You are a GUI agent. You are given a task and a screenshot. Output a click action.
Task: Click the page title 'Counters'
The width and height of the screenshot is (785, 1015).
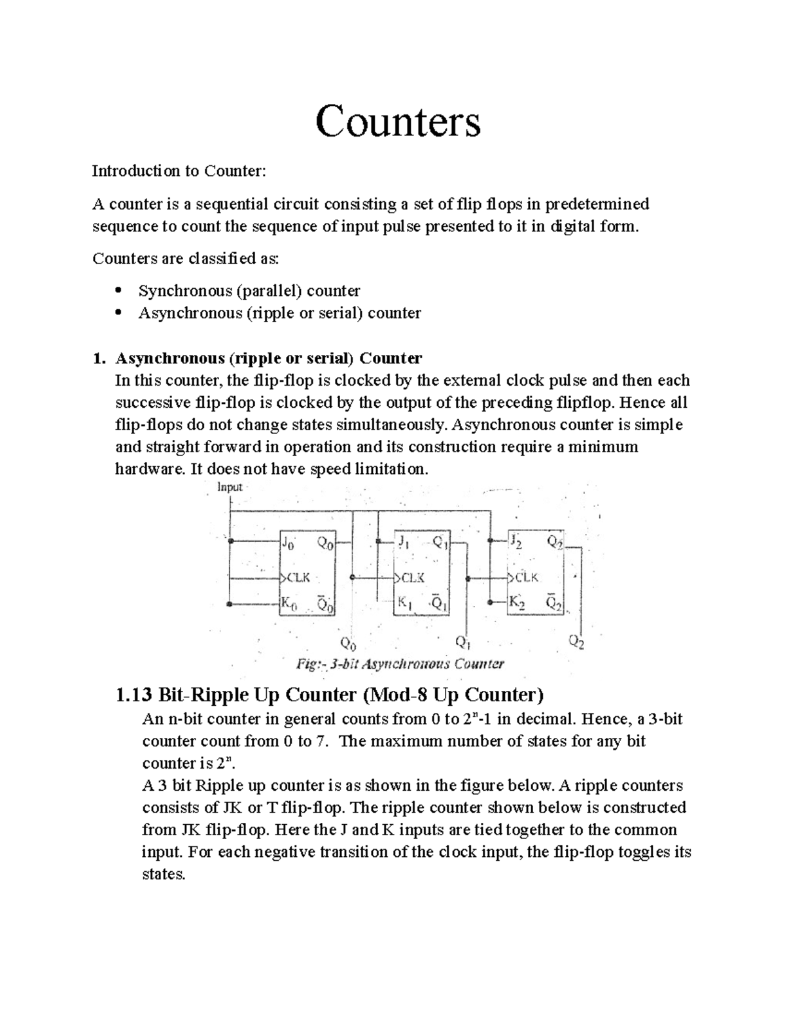point(398,122)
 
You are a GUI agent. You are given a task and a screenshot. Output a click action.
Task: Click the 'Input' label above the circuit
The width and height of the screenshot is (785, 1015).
point(229,487)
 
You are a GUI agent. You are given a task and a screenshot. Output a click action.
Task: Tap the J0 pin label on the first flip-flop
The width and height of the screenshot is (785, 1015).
point(288,542)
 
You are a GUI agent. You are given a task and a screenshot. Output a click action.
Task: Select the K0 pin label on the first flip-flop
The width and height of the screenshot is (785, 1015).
point(288,605)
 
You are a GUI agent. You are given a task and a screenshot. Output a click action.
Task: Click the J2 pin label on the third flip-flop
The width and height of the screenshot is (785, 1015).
point(517,542)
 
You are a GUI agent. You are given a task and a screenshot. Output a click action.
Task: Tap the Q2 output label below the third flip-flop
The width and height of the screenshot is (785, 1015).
point(576,643)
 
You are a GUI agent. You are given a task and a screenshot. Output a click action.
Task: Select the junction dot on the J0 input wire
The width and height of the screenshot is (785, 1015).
point(230,541)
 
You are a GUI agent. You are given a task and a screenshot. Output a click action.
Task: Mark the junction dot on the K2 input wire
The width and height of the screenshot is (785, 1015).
point(490,604)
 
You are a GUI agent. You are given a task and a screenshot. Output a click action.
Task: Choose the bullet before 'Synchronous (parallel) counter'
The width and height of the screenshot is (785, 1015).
point(118,290)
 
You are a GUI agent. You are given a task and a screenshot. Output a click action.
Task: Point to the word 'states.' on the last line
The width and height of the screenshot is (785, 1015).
point(164,874)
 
